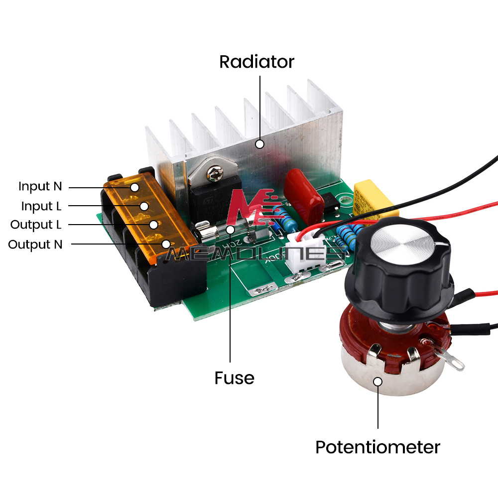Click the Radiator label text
tap(256, 62)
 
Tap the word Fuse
tap(234, 378)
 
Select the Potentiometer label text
tap(377, 447)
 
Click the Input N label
tap(40, 187)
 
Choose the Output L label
tap(36, 225)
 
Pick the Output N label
tap(35, 245)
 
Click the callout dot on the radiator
tap(259, 144)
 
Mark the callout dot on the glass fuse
tap(230, 230)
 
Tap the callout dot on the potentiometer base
tap(378, 382)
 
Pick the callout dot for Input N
tap(134, 187)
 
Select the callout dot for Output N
tap(165, 244)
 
